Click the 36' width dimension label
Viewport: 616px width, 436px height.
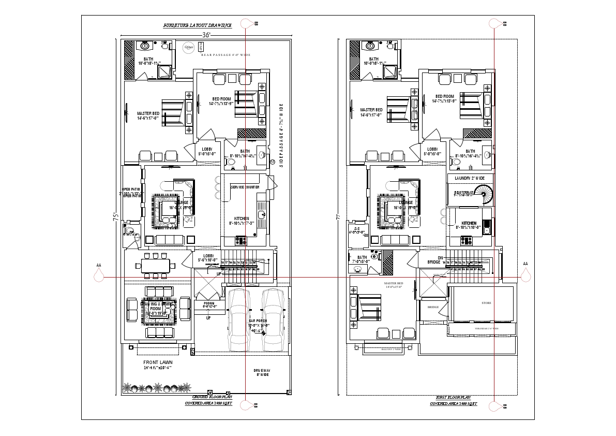tap(206, 35)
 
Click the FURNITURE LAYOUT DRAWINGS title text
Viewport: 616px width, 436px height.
tap(198, 25)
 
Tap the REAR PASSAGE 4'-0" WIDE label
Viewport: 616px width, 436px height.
tap(226, 54)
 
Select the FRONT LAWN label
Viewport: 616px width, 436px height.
tap(158, 362)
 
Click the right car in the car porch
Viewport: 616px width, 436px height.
tap(272, 318)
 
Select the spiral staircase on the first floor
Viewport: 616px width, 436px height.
tap(485, 194)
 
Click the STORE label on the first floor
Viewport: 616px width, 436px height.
tap(486, 303)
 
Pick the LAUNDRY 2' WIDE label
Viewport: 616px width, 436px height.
tap(469, 178)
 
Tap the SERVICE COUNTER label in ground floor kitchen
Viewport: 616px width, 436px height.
tap(245, 187)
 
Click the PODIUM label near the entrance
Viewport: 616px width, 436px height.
tap(209, 304)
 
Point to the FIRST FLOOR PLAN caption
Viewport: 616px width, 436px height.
tap(453, 397)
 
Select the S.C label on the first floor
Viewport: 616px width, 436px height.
tap(357, 230)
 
